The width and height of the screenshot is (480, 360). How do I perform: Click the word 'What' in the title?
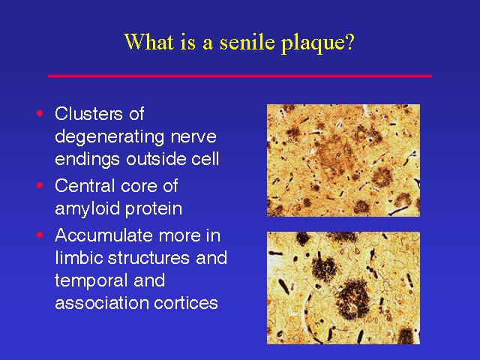coord(148,42)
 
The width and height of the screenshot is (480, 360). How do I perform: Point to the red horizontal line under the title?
coord(240,76)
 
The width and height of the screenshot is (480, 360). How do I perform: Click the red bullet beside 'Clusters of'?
coord(40,113)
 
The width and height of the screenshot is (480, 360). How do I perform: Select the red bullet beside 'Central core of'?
coord(40,185)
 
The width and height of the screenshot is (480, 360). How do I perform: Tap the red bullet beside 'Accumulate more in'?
coord(40,235)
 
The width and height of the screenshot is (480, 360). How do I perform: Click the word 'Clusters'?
coord(88,113)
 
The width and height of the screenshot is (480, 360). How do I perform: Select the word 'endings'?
coord(88,160)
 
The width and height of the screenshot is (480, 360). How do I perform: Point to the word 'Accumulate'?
coord(103,235)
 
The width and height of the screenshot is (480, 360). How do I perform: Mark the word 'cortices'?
coord(186,303)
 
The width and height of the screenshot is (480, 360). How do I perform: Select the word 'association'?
coord(101,303)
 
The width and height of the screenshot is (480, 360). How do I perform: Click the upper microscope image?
coord(343,160)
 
